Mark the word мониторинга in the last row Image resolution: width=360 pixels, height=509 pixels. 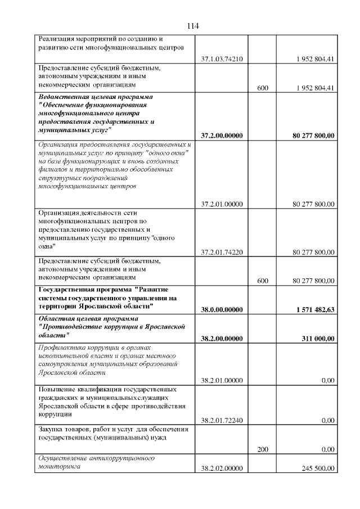pyautogui.click(x=58, y=467)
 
